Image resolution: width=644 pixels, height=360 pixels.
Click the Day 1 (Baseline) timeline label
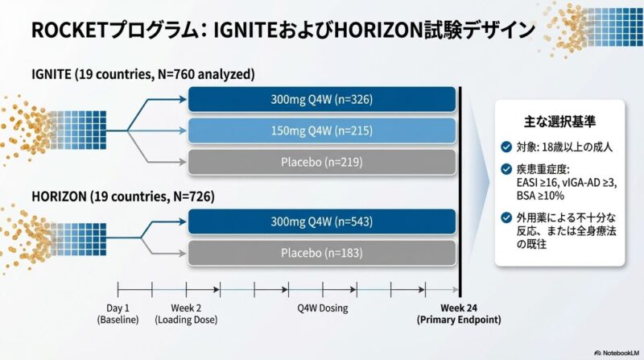[118, 314]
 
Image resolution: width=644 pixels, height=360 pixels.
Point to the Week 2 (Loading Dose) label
[187, 314]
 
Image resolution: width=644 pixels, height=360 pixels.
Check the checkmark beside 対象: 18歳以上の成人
[506, 147]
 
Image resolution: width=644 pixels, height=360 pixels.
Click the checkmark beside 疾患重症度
[506, 170]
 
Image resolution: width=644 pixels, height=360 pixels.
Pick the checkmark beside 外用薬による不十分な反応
[506, 217]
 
